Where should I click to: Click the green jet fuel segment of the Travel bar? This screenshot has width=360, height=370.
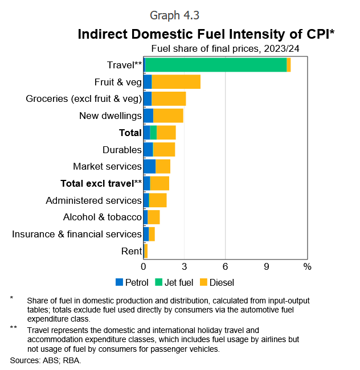pyautogui.click(x=216, y=65)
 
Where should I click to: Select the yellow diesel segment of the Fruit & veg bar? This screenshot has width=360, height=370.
pyautogui.click(x=176, y=81)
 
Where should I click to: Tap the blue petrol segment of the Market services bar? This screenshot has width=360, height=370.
pyautogui.click(x=149, y=166)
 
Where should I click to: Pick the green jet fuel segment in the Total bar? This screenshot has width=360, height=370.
pyautogui.click(x=153, y=133)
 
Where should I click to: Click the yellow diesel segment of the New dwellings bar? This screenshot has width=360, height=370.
pyautogui.click(x=168, y=116)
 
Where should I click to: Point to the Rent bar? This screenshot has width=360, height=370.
pyautogui.click(x=145, y=251)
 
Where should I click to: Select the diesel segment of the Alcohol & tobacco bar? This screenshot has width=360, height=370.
pyautogui.click(x=154, y=217)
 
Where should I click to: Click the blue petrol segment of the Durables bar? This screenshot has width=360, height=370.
pyautogui.click(x=148, y=149)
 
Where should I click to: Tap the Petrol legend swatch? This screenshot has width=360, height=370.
pyautogui.click(x=119, y=282)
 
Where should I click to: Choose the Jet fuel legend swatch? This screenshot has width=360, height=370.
pyautogui.click(x=158, y=282)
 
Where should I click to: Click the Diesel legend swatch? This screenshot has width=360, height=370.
pyautogui.click(x=203, y=282)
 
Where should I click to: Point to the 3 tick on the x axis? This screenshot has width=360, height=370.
pyautogui.click(x=185, y=266)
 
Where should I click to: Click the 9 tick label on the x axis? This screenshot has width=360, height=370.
pyautogui.click(x=266, y=266)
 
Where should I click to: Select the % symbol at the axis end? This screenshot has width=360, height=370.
pyautogui.click(x=308, y=266)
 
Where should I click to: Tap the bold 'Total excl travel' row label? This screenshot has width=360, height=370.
pyautogui.click(x=101, y=183)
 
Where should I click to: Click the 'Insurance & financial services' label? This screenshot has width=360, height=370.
pyautogui.click(x=77, y=234)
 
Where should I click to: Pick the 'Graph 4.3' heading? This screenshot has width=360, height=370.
pyautogui.click(x=174, y=15)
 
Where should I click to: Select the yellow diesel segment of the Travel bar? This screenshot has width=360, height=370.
pyautogui.click(x=288, y=65)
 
